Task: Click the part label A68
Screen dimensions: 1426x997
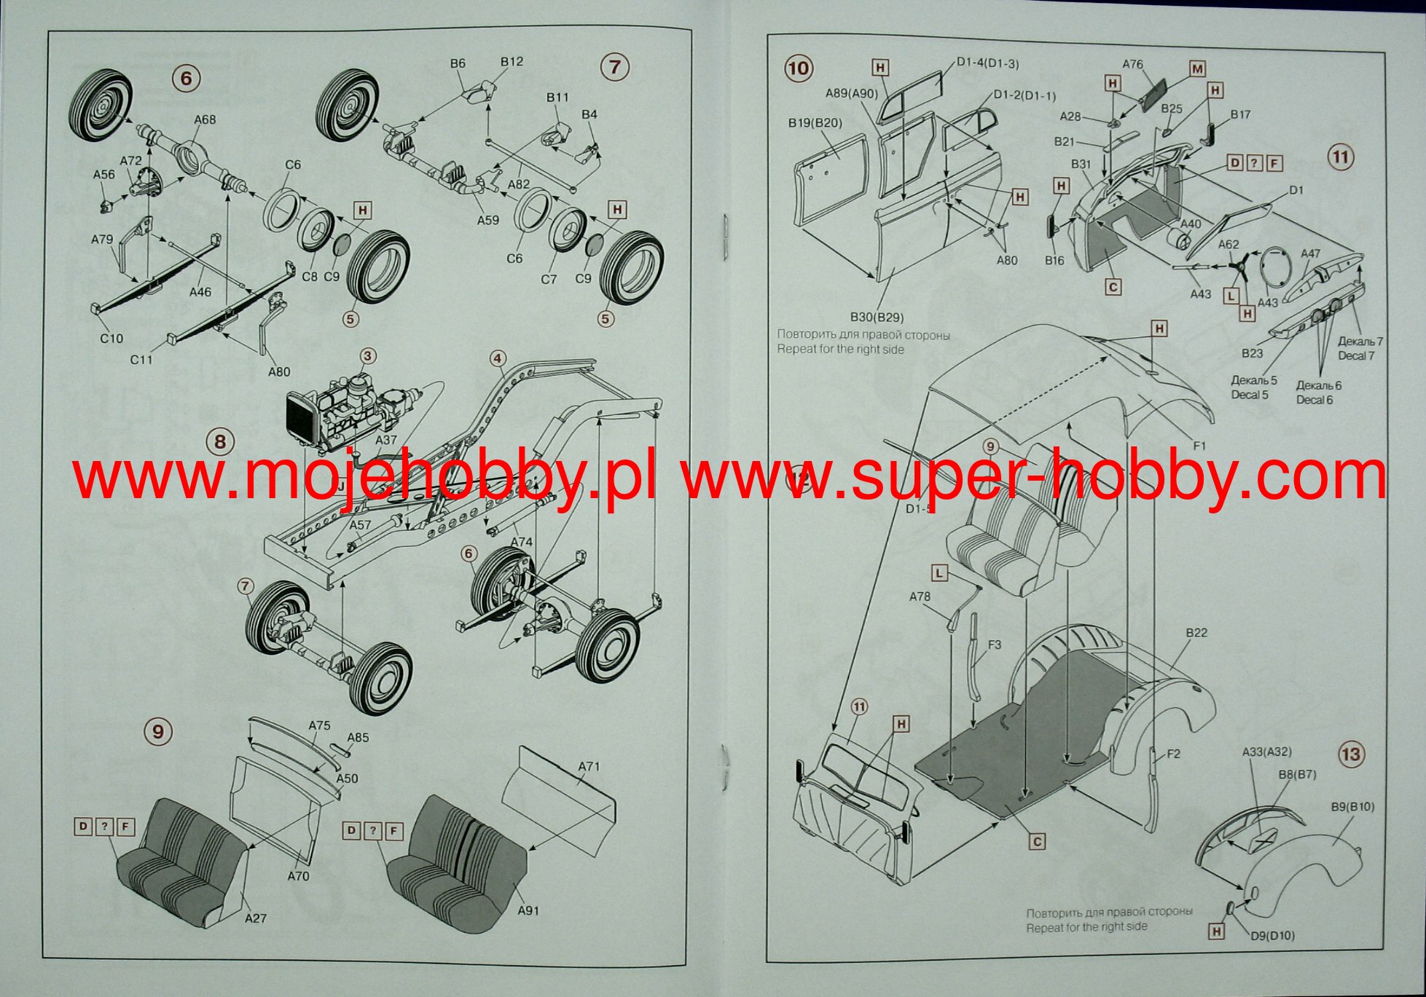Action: click(205, 119)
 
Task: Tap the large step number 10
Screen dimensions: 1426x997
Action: click(798, 68)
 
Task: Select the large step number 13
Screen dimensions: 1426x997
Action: click(1351, 754)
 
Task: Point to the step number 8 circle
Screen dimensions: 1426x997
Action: click(220, 441)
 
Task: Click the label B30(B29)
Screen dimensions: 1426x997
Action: click(877, 317)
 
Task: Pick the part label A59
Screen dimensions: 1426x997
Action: click(487, 220)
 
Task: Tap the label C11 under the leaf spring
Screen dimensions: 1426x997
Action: click(141, 359)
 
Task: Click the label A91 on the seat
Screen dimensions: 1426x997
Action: click(528, 910)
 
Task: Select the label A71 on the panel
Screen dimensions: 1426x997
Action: click(589, 766)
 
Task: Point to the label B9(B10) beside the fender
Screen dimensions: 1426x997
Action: click(1352, 807)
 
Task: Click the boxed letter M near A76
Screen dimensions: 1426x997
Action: click(1197, 69)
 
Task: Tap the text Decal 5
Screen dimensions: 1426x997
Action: click(1250, 395)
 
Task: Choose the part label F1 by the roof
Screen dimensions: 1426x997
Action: click(1199, 446)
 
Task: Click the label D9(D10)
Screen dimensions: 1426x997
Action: click(1273, 935)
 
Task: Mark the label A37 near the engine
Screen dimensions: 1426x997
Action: click(386, 440)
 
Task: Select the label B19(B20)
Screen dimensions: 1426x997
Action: click(815, 122)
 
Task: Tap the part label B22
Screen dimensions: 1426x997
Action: click(1196, 633)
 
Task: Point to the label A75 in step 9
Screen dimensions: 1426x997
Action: click(319, 725)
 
